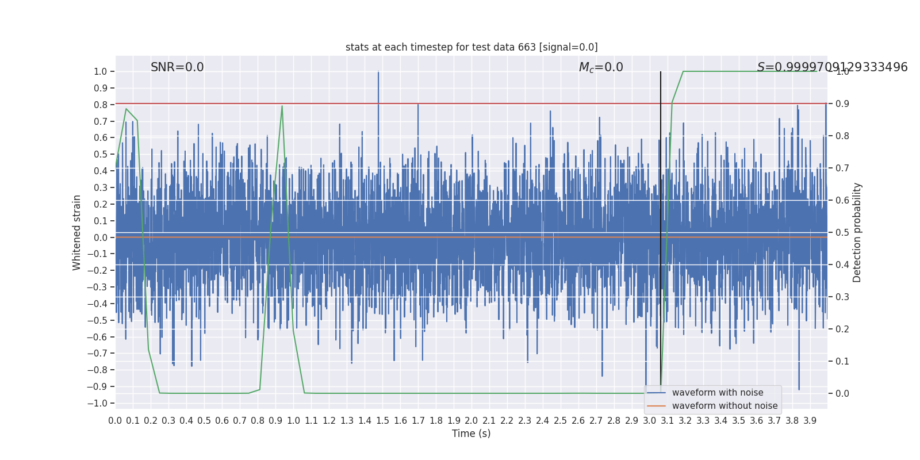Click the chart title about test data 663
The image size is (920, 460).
coord(471,47)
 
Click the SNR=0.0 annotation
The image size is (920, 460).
coord(177,67)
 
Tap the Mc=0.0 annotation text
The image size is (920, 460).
coord(601,67)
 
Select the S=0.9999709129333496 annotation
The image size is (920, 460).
coord(832,67)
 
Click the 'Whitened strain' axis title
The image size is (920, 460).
coord(77,232)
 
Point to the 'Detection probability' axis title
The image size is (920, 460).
coord(857,232)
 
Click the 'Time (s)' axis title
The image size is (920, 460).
coord(471,434)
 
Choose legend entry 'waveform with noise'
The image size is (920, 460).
coord(718,393)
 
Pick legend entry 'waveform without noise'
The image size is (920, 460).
coord(724,406)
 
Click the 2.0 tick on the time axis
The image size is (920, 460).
coord(471,421)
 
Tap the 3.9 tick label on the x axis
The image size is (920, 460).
coord(810,421)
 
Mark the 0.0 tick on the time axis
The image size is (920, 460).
coord(115,421)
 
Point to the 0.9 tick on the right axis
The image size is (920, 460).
coord(842,103)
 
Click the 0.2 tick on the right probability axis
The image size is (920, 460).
coord(842,329)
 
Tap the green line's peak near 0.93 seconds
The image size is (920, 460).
coord(282,106)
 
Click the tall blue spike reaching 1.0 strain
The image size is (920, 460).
coord(378,73)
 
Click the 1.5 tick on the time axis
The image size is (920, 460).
coord(382,421)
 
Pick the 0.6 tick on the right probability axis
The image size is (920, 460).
coord(842,200)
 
